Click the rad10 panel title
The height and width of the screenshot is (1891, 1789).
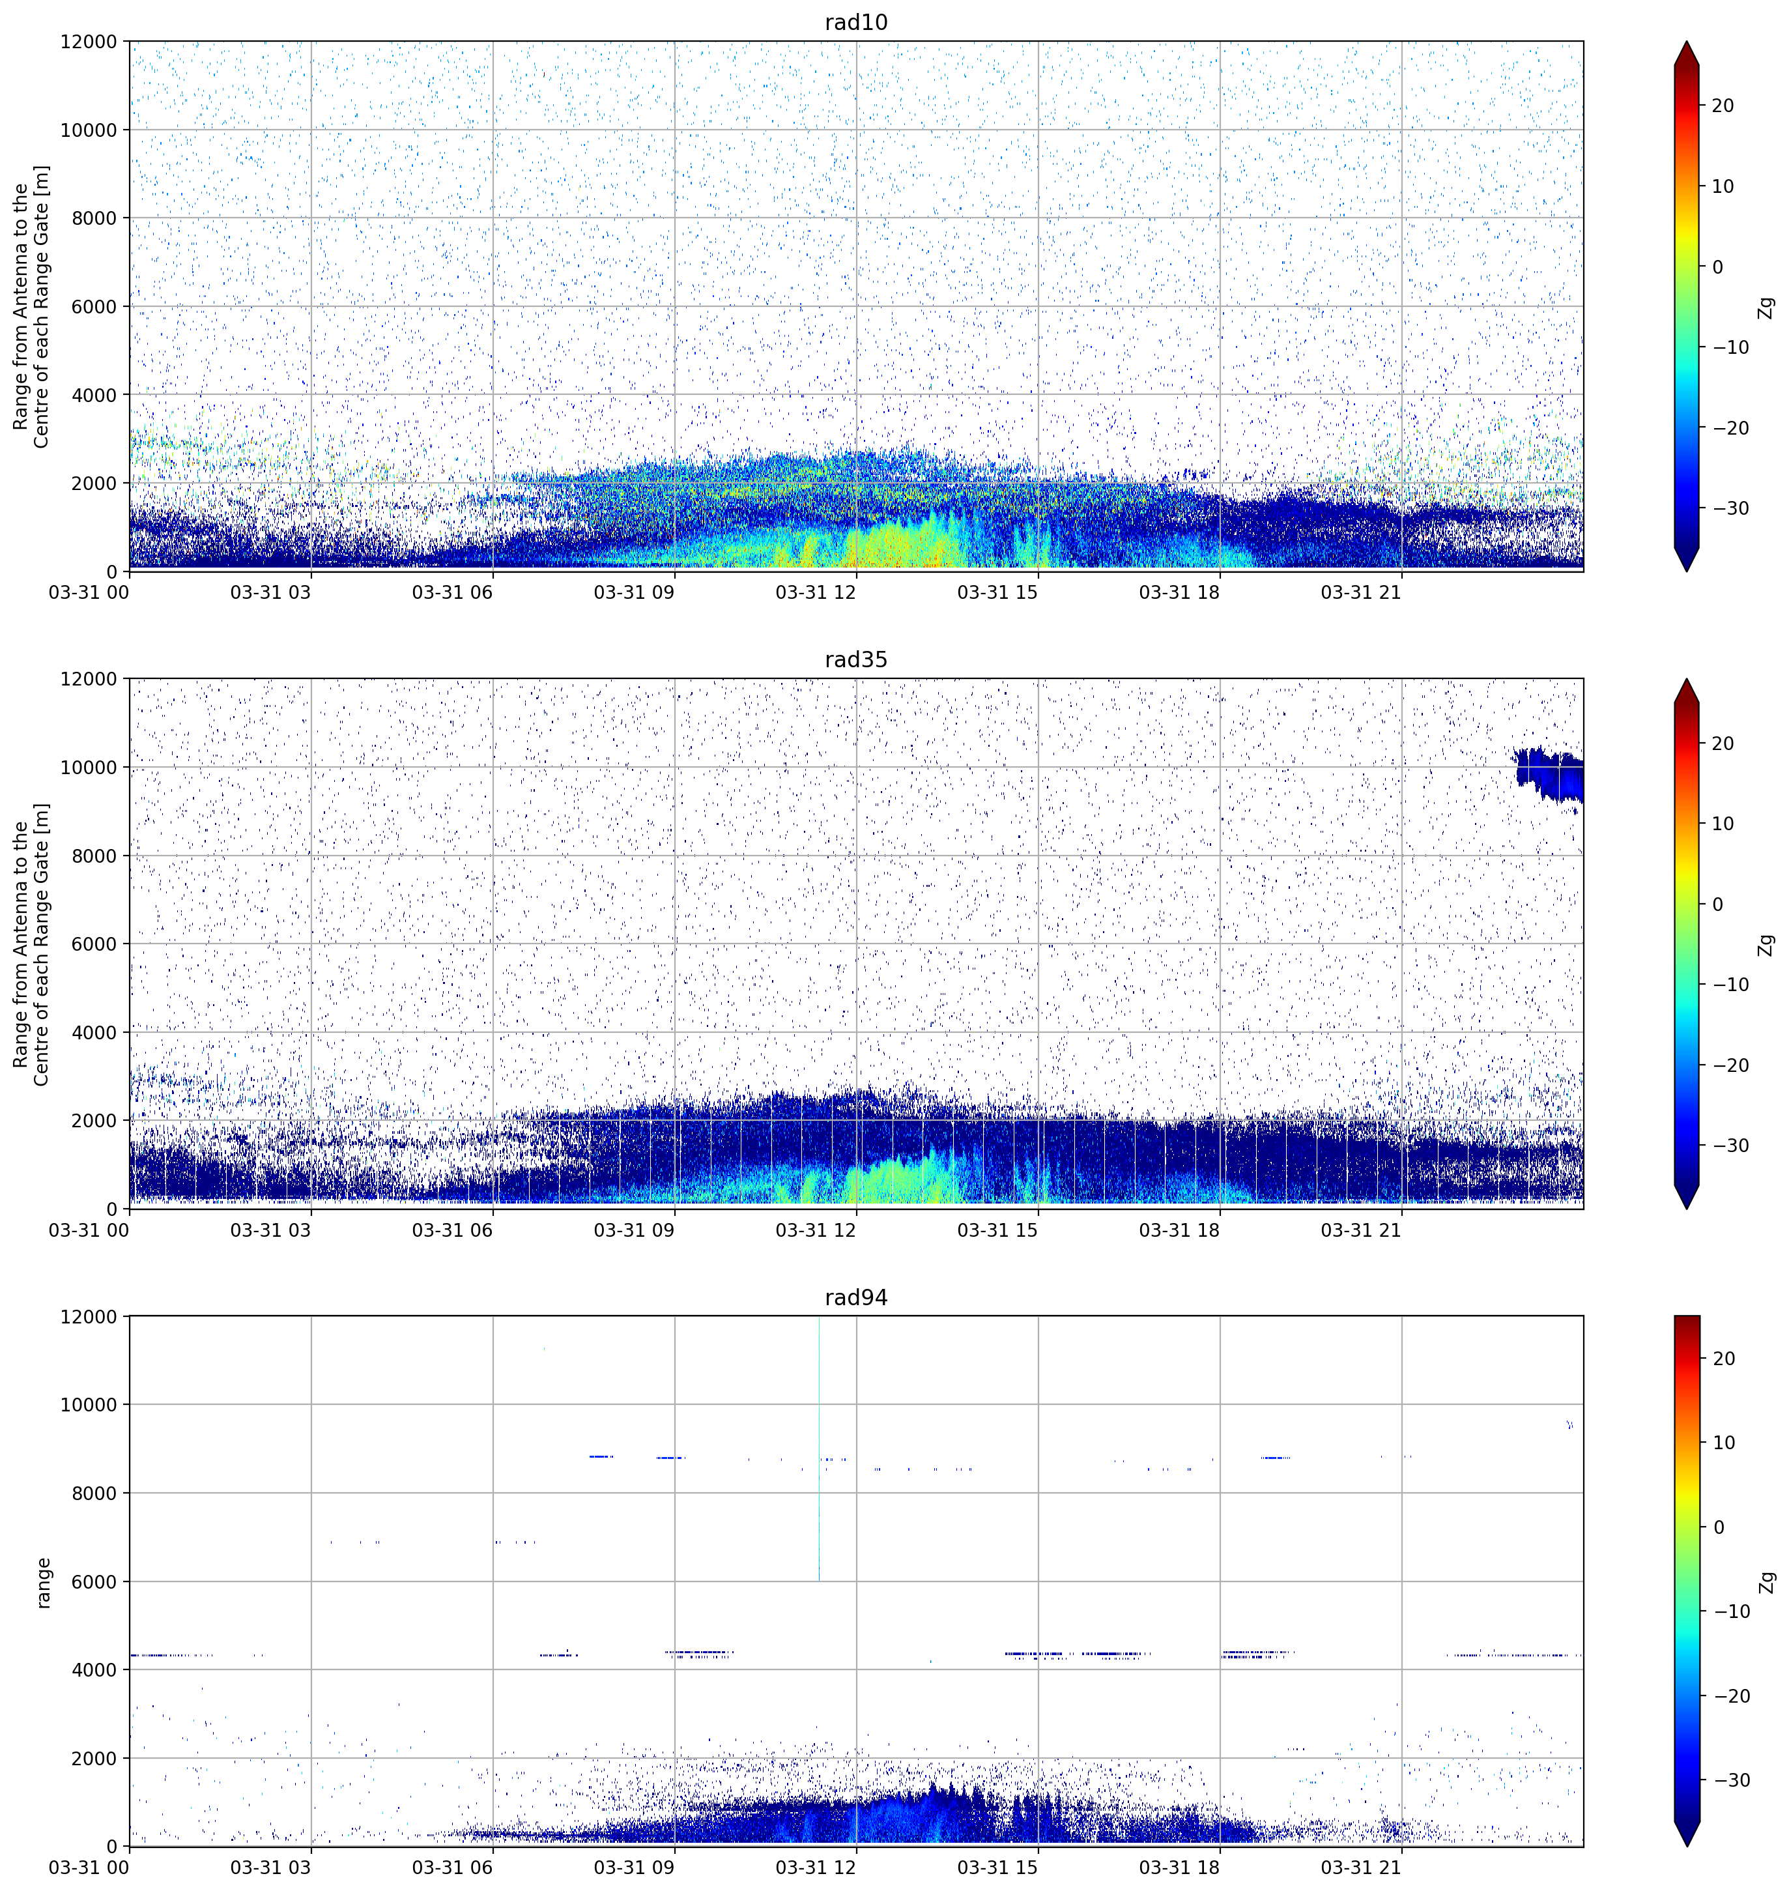855,22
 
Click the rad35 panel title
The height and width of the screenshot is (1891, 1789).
855,660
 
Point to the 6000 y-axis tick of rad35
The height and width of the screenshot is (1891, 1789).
94,944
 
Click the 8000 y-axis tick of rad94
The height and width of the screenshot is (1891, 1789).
94,1494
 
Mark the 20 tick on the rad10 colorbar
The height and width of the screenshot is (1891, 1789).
1723,106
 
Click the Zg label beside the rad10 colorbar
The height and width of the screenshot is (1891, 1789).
1767,307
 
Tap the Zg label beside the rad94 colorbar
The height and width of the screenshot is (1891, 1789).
1767,1582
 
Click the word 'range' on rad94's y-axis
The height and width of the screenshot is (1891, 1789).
43,1582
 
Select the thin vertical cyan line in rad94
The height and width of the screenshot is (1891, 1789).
819,1449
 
